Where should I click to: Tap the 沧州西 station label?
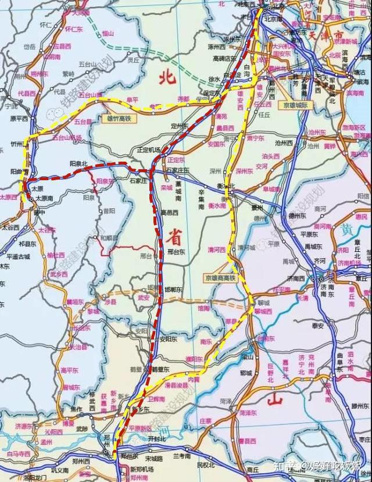tap(284, 142)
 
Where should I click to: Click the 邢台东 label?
tap(175, 252)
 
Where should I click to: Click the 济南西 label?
tap(295, 279)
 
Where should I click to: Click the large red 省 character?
tap(173, 236)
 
